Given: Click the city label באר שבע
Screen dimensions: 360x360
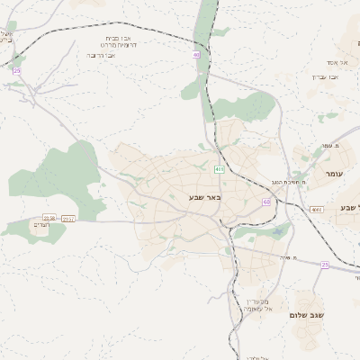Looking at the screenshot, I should click(x=204, y=197).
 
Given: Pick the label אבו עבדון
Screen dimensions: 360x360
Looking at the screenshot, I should click(x=325, y=76).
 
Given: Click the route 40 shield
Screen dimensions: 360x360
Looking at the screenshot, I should click(x=195, y=55).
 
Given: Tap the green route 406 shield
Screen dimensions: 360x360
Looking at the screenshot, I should click(x=219, y=169).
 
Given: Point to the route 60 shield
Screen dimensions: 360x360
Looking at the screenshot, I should click(x=266, y=202).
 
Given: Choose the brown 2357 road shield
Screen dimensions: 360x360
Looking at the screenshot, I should click(x=68, y=218).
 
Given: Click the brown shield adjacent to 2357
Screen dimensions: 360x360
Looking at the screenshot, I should click(x=49, y=218).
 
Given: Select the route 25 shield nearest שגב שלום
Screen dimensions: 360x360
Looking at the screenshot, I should click(x=324, y=265).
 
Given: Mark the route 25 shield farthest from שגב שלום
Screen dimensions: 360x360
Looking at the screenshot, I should click(x=15, y=70).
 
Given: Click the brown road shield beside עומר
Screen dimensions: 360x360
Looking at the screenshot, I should click(x=315, y=210).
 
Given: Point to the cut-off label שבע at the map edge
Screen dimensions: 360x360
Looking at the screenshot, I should click(x=349, y=208).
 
